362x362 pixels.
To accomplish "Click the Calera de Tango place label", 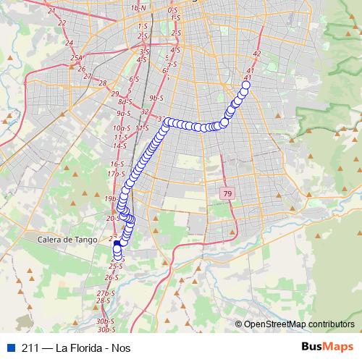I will point(66,239).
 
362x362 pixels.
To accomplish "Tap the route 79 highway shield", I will point(228,193).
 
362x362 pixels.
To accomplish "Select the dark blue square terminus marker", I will point(117,246).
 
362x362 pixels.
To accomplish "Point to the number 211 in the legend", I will point(30,348).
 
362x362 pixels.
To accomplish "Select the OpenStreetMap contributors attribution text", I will point(299,324).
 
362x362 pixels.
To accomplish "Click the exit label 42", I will point(258,54).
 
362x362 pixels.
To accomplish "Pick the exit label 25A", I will point(76,58).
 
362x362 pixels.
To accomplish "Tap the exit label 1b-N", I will point(138,8).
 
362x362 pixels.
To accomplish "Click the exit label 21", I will point(51,11).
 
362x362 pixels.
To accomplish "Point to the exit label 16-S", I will point(117,164).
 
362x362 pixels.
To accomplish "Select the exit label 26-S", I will point(111,277).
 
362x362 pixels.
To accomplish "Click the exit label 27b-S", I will point(106,292).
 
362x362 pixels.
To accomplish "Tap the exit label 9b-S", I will point(153,97).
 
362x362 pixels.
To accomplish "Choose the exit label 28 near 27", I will point(102,83).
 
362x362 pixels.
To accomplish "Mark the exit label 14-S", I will point(119,146).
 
